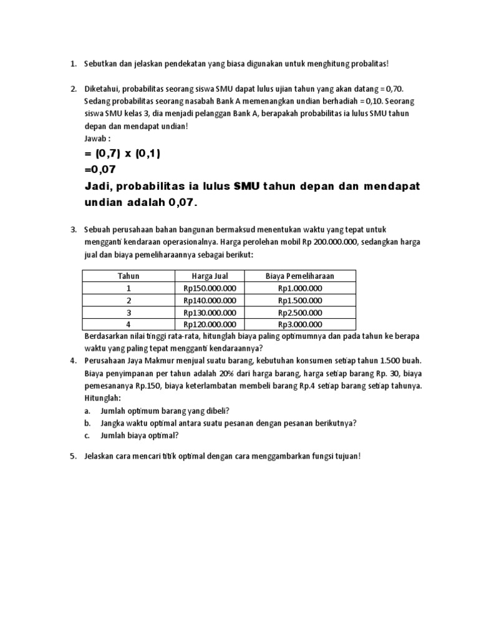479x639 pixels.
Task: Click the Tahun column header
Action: [x=128, y=276]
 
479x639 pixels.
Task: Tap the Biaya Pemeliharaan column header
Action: [x=300, y=276]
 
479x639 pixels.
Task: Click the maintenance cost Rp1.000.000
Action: [x=300, y=288]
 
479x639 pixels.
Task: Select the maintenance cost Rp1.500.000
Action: [x=300, y=300]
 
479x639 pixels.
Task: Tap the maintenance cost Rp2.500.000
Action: [x=300, y=312]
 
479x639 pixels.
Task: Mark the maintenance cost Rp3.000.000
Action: [x=300, y=324]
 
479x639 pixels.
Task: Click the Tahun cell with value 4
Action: [x=128, y=324]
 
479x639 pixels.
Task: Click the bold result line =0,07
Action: [x=100, y=169]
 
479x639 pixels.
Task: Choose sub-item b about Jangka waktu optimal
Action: [x=220, y=422]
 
